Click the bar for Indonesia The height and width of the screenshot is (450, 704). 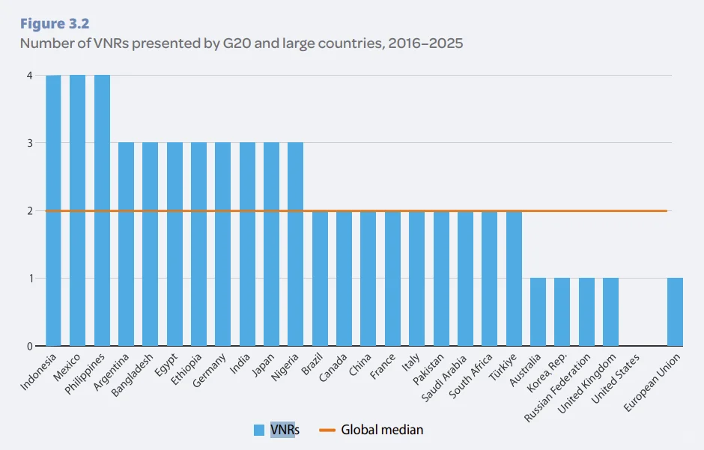(x=53, y=210)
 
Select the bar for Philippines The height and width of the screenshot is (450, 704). (x=102, y=210)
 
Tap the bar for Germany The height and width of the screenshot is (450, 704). (x=222, y=244)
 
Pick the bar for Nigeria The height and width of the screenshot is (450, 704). (x=295, y=244)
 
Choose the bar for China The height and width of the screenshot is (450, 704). (x=368, y=279)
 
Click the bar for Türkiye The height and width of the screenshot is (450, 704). (x=514, y=279)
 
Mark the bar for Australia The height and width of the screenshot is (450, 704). (x=538, y=312)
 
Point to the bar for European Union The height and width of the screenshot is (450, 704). (x=674, y=312)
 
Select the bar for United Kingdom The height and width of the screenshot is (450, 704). (x=610, y=312)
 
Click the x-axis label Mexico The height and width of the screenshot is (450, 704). (x=70, y=366)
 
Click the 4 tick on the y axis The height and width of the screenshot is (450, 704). (x=29, y=76)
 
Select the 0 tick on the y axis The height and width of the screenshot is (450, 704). (x=29, y=347)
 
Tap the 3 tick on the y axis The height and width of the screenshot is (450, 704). (x=29, y=143)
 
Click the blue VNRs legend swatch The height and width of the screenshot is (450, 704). (x=259, y=430)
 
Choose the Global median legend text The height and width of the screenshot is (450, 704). (x=382, y=430)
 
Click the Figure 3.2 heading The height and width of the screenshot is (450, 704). (x=55, y=23)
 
